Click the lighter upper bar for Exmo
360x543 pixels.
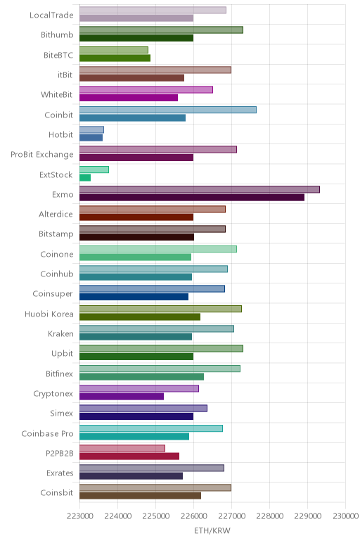(200, 189)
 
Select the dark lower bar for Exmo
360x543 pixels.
(192, 198)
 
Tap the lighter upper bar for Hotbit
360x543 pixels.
(91, 130)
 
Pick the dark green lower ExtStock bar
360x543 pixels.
(85, 178)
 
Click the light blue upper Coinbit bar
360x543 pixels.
(168, 110)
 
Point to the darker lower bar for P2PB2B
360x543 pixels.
(129, 456)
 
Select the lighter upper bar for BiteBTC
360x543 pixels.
(114, 50)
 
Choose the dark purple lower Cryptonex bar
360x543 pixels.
(122, 397)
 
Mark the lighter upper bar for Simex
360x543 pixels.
(143, 408)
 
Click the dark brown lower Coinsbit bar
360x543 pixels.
(140, 496)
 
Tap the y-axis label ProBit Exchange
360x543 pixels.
(42, 155)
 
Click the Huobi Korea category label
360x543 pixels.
(49, 314)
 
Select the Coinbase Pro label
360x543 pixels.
(47, 433)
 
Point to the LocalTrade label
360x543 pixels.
(51, 15)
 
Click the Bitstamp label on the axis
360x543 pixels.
(56, 234)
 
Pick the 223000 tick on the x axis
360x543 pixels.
(80, 516)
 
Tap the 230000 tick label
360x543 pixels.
(345, 516)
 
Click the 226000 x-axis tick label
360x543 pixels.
(194, 516)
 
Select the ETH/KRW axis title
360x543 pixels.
(212, 530)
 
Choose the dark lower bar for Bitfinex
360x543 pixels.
(141, 377)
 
